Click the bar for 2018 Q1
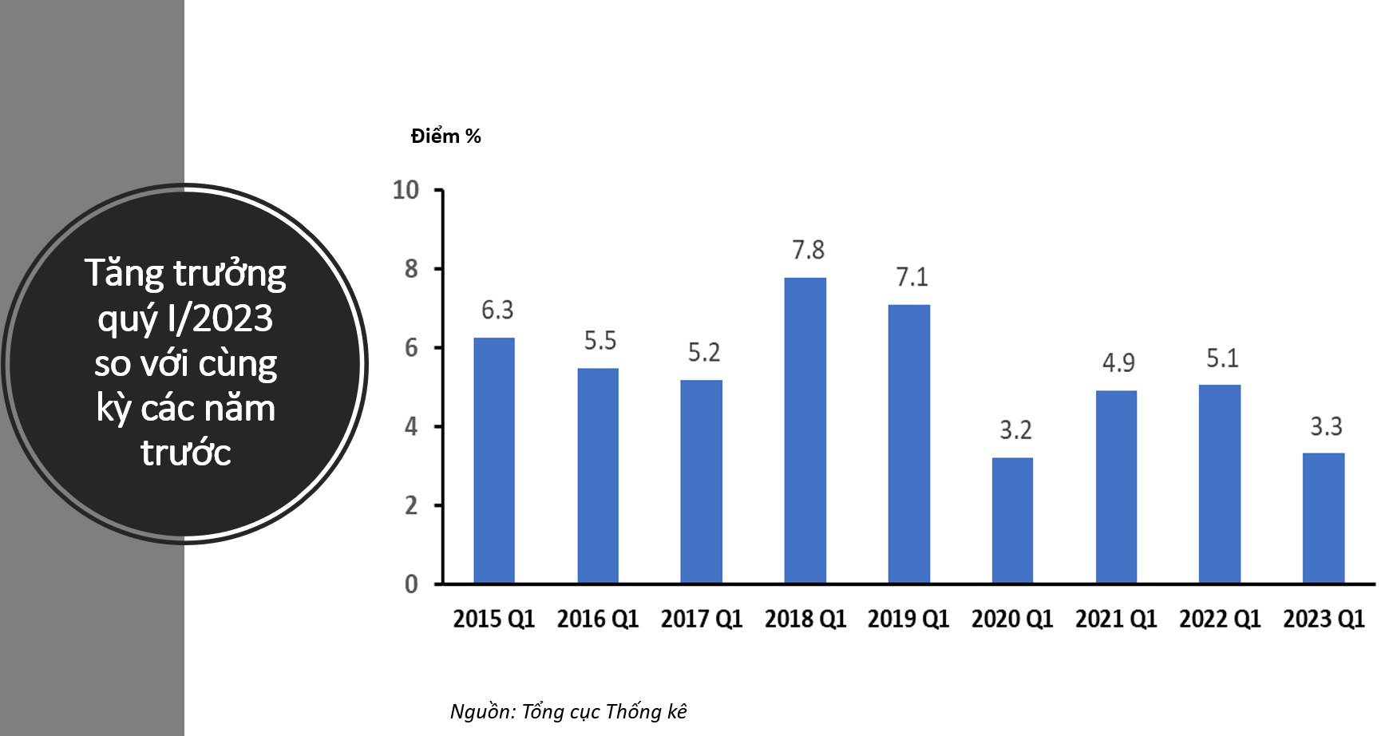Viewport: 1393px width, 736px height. tap(805, 431)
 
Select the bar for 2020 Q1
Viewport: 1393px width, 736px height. tap(1012, 520)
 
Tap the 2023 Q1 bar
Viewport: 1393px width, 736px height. tap(1324, 518)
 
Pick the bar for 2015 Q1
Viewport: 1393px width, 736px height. tap(494, 461)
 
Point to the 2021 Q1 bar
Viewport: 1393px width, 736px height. tap(1116, 487)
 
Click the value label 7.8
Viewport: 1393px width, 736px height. tap(808, 251)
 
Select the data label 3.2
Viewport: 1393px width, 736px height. tap(1015, 431)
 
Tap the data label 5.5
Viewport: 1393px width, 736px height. tap(600, 342)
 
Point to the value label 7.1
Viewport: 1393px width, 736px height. tap(912, 278)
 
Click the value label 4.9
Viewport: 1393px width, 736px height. tap(1118, 363)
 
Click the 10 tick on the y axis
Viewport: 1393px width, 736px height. tap(406, 190)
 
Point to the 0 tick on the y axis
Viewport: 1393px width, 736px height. tap(411, 584)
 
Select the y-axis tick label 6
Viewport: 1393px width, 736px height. tap(411, 348)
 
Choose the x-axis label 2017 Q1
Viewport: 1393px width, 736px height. tap(701, 619)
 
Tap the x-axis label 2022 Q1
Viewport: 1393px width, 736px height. tap(1220, 619)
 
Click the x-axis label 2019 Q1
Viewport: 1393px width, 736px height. tap(908, 619)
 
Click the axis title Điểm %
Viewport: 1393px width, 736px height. tap(445, 137)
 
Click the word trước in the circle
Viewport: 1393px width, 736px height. tap(186, 453)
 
